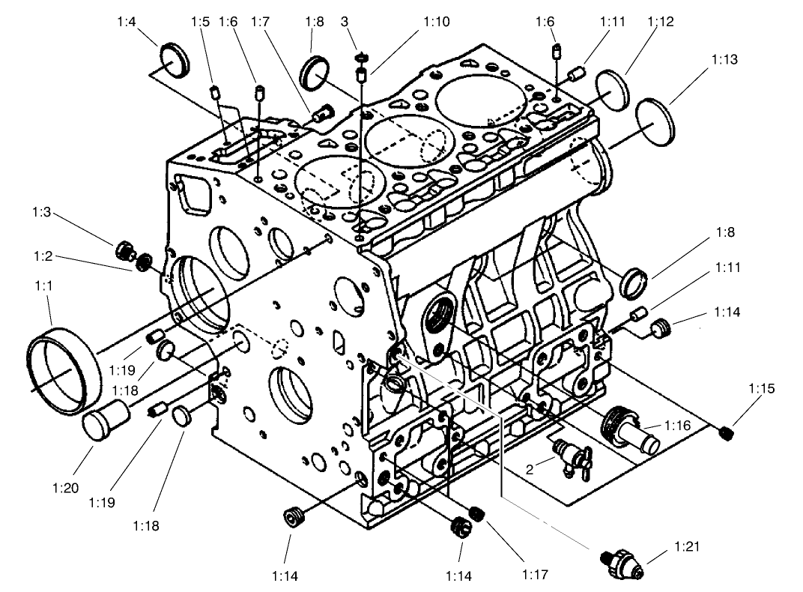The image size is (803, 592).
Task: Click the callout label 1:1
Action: (43, 286)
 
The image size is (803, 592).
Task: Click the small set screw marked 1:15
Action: (725, 433)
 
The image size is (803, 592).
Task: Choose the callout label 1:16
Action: (677, 425)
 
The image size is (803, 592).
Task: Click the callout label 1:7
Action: (260, 22)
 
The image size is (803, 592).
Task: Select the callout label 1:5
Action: (200, 22)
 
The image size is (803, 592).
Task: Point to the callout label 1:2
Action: (43, 256)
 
